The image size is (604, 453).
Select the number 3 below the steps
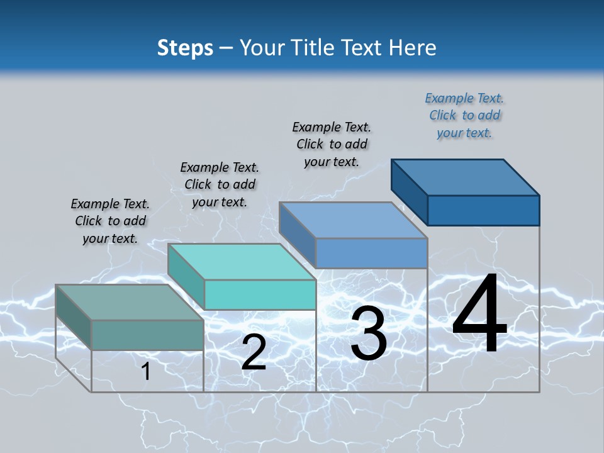[369, 333]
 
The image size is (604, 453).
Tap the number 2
[254, 352]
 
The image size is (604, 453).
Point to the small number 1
[146, 371]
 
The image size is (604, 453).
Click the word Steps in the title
[185, 48]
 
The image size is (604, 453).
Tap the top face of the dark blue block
[466, 177]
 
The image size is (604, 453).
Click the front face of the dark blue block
[483, 210]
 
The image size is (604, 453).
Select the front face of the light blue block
[371, 253]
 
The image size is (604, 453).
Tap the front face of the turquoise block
[260, 294]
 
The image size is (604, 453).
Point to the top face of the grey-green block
[130, 303]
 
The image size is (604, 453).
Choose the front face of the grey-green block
[147, 335]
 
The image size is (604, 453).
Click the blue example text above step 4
[464, 115]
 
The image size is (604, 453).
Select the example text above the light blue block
[332, 144]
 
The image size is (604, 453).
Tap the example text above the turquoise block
[220, 184]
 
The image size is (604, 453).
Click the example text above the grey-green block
[110, 221]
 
